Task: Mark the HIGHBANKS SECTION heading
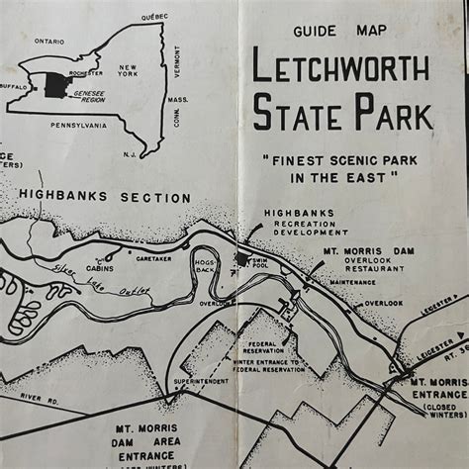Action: pyautogui.click(x=105, y=197)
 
